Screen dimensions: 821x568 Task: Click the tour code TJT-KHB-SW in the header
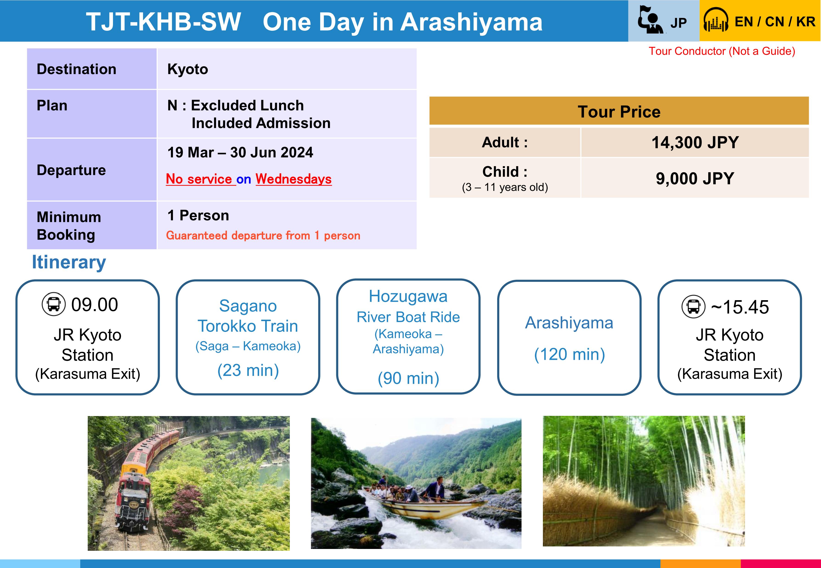click(164, 22)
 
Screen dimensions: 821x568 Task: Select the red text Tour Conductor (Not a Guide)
click(722, 51)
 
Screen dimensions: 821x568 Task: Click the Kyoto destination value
click(188, 69)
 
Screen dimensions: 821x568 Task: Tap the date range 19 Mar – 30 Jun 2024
click(240, 152)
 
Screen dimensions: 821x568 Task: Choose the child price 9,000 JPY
click(695, 178)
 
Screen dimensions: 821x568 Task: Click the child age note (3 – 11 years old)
click(505, 187)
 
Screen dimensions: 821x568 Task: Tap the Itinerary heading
click(69, 262)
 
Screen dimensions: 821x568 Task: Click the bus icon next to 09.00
click(54, 304)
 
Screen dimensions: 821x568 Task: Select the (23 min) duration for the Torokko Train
click(248, 370)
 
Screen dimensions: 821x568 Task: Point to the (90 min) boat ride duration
click(408, 378)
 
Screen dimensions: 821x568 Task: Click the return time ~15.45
click(740, 307)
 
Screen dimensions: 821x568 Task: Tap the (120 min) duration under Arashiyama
click(569, 355)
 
